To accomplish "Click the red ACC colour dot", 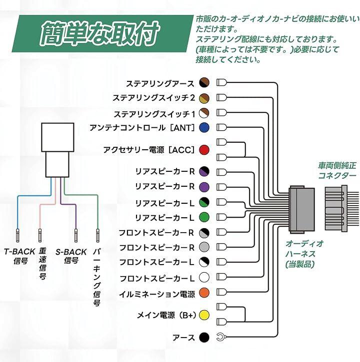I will click(x=204, y=150).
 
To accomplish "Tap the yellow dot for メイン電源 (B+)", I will click(x=204, y=315).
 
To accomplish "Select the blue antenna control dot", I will click(x=204, y=127).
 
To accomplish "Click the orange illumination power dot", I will click(x=204, y=293).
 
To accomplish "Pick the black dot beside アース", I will click(x=204, y=337).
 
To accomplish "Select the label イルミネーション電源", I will click(x=156, y=293).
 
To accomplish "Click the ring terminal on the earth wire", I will click(x=220, y=337).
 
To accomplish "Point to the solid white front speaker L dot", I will click(x=204, y=278).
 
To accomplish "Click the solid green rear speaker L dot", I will click(x=204, y=217).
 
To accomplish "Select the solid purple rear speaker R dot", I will click(x=204, y=187).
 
